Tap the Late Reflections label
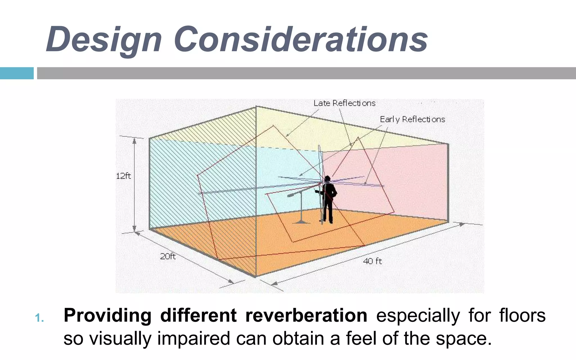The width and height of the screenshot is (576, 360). click(344, 103)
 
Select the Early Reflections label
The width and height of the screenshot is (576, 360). click(412, 120)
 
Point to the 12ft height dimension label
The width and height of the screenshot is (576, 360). click(123, 176)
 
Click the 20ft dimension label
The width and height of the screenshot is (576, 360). click(168, 256)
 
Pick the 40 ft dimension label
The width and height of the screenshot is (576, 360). click(372, 261)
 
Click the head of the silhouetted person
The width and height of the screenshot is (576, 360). click(327, 179)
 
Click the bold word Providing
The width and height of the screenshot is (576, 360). click(107, 316)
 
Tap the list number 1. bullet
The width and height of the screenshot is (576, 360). click(39, 318)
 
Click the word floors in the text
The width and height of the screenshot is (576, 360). click(522, 316)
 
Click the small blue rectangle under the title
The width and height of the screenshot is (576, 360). click(17, 73)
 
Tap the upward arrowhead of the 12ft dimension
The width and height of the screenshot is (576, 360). click(134, 140)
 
